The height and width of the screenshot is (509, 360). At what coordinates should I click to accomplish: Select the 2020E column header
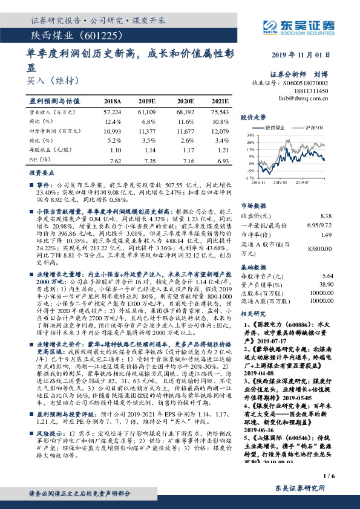[x=185, y=101]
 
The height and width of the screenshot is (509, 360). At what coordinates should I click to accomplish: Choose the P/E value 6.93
[x=222, y=161]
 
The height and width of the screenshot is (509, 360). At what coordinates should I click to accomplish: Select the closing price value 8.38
[x=326, y=216]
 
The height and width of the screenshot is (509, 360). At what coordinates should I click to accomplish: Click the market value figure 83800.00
[x=321, y=248]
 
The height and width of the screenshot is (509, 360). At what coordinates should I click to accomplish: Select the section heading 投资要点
[x=42, y=172]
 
